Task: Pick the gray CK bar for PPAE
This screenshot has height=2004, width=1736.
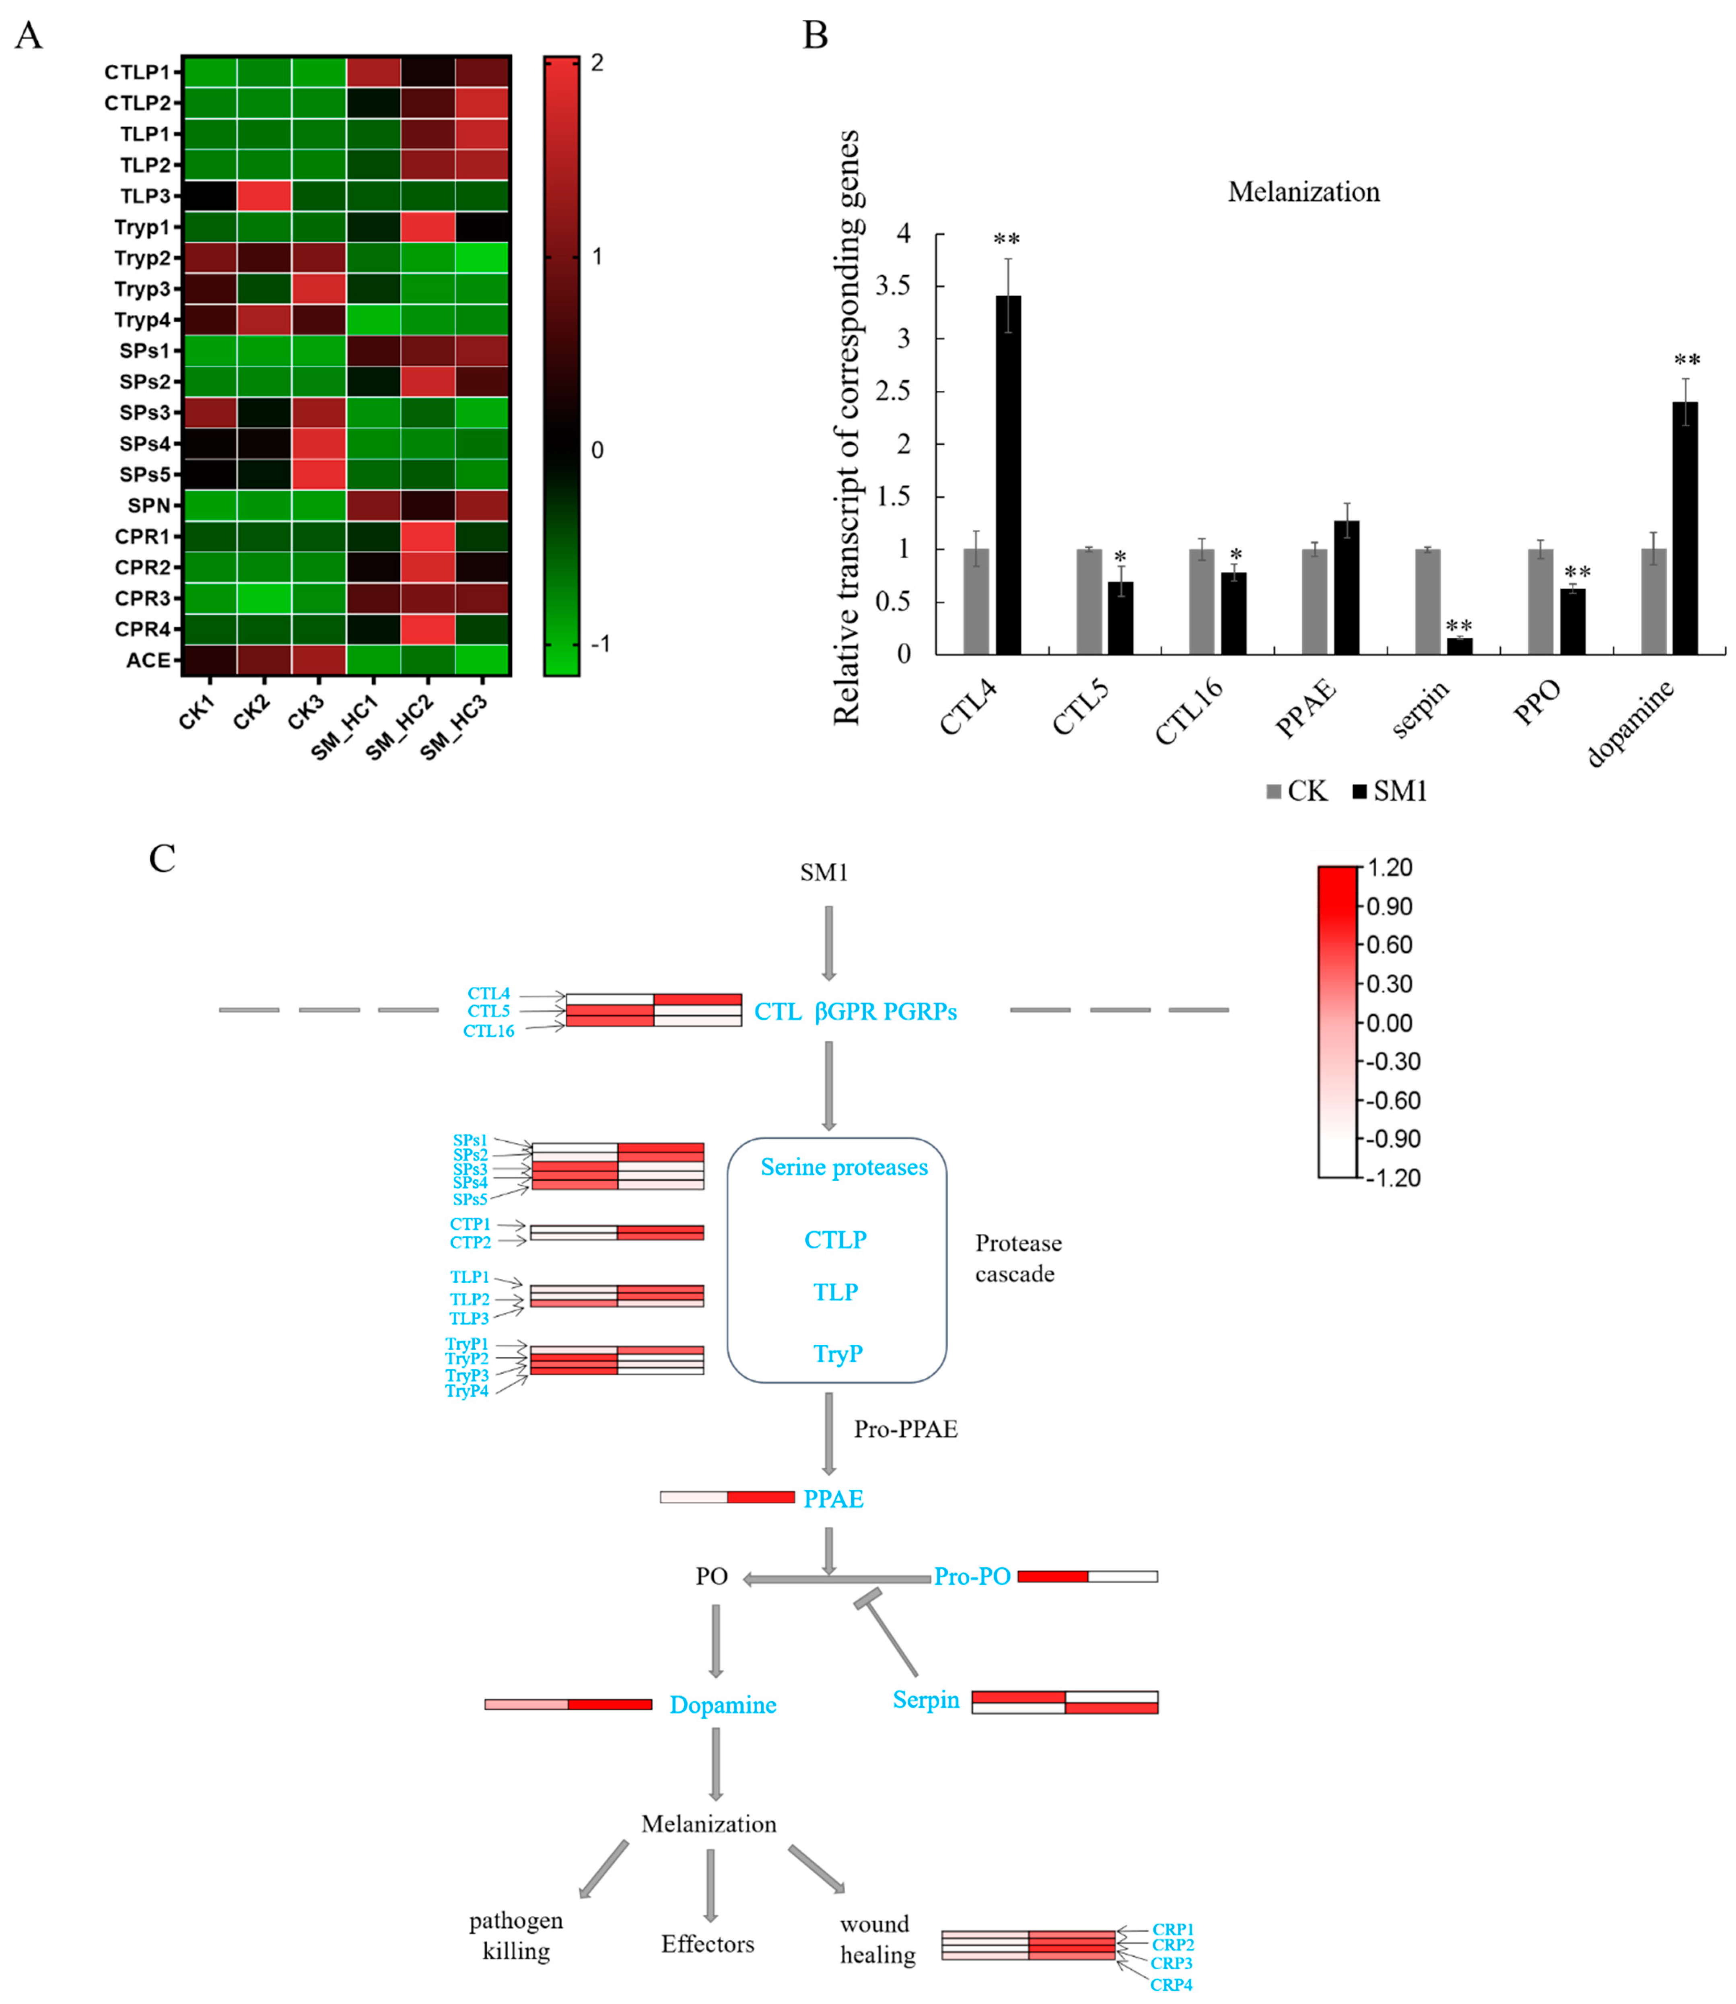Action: click(x=1315, y=601)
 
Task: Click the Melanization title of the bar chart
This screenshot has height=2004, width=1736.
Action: click(x=1303, y=192)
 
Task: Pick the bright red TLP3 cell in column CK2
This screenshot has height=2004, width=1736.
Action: click(x=264, y=196)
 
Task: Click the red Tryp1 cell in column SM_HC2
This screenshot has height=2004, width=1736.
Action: click(x=427, y=227)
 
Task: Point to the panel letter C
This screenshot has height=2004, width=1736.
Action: click(x=162, y=859)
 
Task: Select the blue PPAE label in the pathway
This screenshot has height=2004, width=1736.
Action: click(x=833, y=1499)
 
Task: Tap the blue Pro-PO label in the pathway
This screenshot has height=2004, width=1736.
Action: click(x=972, y=1577)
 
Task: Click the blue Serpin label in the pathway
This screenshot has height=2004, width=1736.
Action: click(x=925, y=1700)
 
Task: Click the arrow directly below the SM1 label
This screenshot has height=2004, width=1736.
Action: click(x=828, y=942)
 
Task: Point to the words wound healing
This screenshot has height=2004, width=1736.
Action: click(x=877, y=1939)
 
